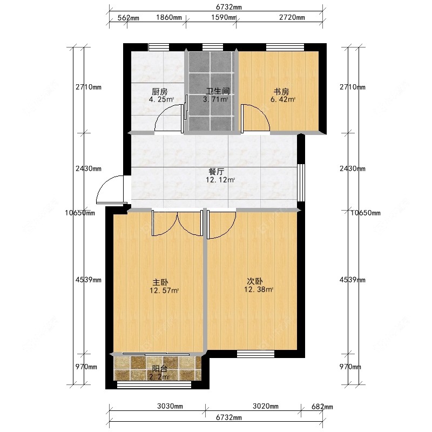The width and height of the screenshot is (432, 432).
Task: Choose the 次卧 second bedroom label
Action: pyautogui.click(x=255, y=281)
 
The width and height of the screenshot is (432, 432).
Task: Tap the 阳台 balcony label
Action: pyautogui.click(x=159, y=369)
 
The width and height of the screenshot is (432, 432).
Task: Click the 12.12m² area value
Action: pyautogui.click(x=220, y=180)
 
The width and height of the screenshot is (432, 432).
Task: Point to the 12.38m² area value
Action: pyautogui.click(x=258, y=290)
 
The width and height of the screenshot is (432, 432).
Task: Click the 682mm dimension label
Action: pyautogui.click(x=322, y=407)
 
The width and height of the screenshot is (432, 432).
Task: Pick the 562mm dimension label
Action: pyautogui.click(x=129, y=18)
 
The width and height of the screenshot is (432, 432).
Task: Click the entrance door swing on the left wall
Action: pyautogui.click(x=111, y=190)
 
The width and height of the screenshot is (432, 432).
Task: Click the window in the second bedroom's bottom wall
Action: pyautogui.click(x=255, y=354)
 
